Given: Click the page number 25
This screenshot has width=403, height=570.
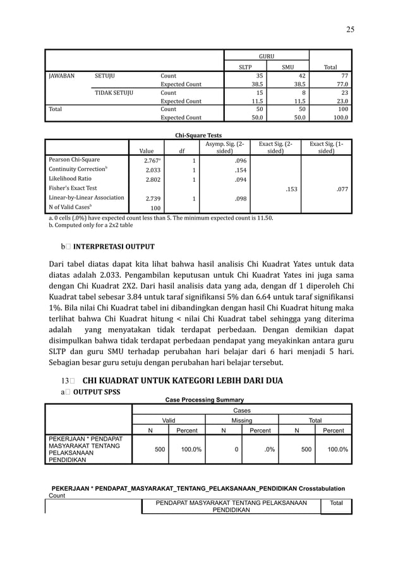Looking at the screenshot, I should (349, 29).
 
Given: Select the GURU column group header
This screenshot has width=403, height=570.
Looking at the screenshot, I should (267, 56).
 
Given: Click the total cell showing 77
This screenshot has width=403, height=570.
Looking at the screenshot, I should (342, 76).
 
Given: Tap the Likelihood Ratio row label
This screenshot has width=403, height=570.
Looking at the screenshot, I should (69, 179).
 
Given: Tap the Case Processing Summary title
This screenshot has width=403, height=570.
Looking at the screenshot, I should (204, 400).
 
